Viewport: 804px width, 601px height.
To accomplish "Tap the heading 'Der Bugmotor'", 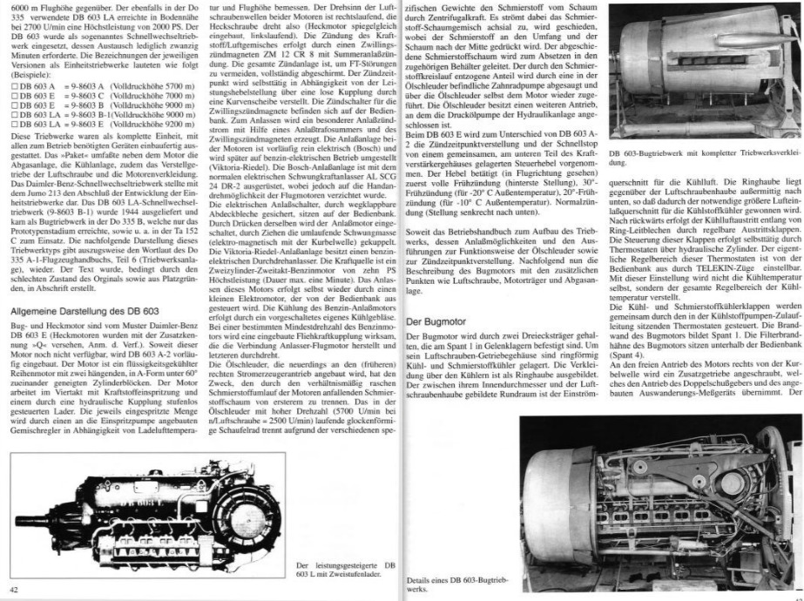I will click(433, 322).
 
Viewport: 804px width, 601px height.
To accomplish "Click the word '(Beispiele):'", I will click(23, 78).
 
